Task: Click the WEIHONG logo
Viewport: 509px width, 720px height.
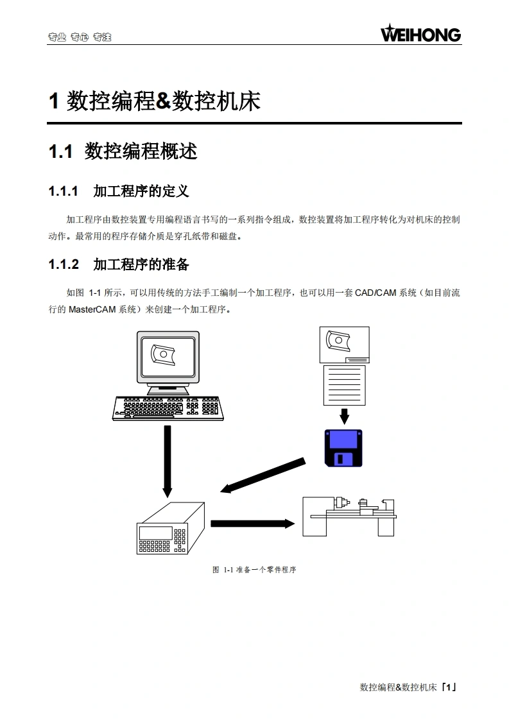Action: tap(421, 33)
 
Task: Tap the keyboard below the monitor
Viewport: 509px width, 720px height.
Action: tap(168, 407)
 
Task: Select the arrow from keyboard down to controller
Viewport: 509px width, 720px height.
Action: tap(168, 461)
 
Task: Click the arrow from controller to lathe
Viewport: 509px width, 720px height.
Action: tap(252, 524)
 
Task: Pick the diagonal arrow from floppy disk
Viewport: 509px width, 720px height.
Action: tap(263, 476)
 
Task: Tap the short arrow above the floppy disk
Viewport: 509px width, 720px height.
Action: tap(345, 416)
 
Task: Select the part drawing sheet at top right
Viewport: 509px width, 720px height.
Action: tap(344, 345)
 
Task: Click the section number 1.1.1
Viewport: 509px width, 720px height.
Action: tap(64, 191)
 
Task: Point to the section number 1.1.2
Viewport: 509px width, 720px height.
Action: tap(64, 264)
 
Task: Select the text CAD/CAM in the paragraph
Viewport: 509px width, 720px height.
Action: tap(375, 293)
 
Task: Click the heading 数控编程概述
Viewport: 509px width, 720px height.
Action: tap(141, 152)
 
